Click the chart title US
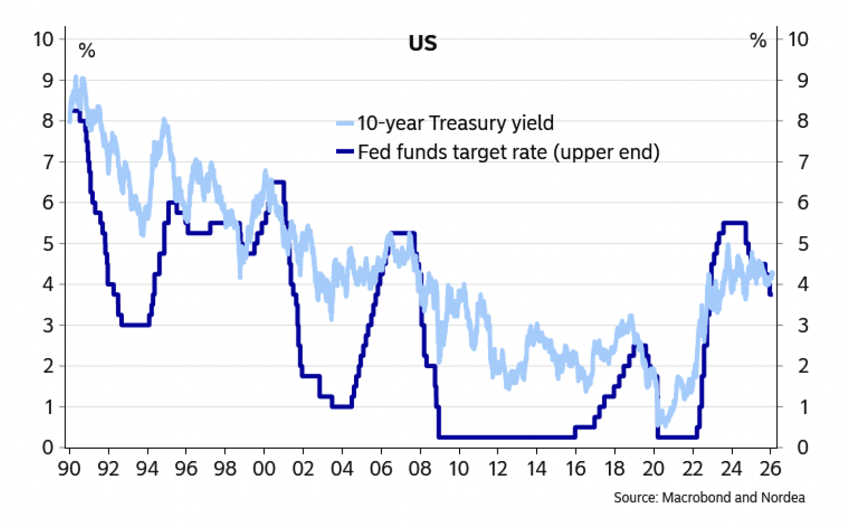[422, 43]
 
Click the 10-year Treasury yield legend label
[455, 123]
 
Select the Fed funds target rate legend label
[508, 152]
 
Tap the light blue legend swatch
[345, 123]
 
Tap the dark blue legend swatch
[345, 152]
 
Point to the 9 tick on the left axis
[48, 80]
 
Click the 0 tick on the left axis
[48, 447]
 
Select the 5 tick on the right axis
[802, 244]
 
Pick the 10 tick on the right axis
[798, 39]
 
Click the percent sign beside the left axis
[87, 51]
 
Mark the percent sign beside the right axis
[758, 40]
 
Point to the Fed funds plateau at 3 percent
[135, 325]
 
